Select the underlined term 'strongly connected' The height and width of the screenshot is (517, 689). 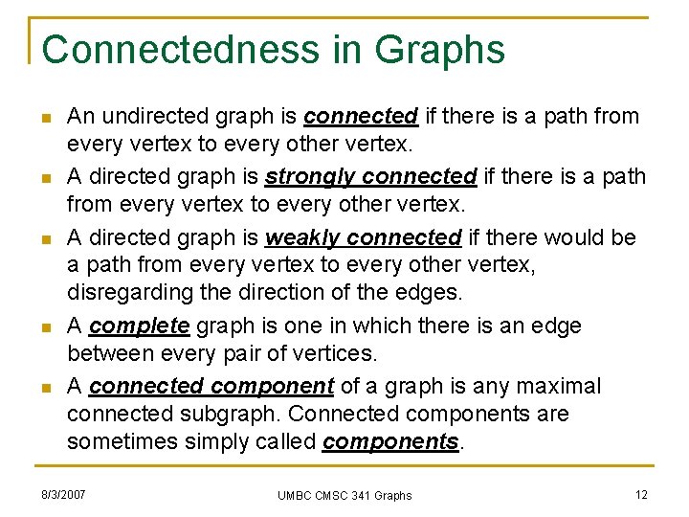click(370, 177)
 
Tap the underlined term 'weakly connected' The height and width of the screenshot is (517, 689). click(364, 237)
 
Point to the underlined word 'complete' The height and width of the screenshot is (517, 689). click(139, 326)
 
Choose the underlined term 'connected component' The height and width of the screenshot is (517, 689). click(211, 387)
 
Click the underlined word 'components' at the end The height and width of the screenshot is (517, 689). click(390, 442)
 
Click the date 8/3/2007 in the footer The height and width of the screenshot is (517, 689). click(63, 494)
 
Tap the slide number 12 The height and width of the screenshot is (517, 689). click(641, 494)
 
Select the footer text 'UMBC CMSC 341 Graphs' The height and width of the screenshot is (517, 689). click(344, 495)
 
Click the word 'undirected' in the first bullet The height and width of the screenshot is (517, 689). click(149, 117)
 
